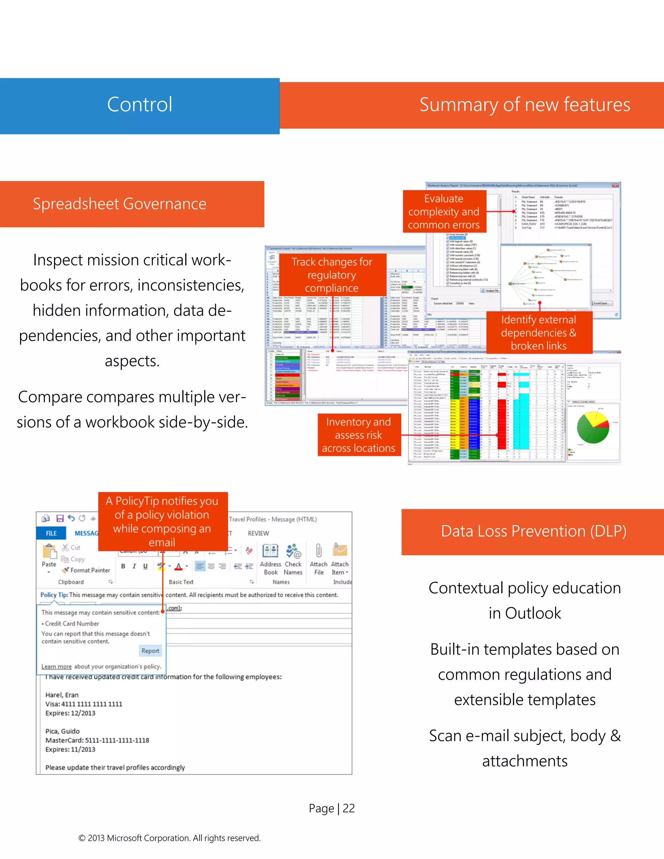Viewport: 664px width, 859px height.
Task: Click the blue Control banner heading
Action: [x=140, y=105]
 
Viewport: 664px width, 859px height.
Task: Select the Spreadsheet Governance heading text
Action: [x=120, y=204]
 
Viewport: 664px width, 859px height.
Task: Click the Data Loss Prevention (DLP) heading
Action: [x=533, y=531]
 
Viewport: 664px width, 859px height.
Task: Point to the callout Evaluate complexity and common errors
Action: [x=444, y=212]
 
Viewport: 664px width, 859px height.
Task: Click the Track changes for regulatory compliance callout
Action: [x=332, y=275]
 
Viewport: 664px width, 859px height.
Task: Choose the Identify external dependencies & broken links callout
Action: [x=539, y=333]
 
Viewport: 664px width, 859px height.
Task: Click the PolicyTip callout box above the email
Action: [x=162, y=521]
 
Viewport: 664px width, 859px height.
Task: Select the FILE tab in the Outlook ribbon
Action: [x=51, y=533]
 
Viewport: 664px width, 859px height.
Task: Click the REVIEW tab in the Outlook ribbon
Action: [x=258, y=533]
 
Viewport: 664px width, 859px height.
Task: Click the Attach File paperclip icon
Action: [x=319, y=551]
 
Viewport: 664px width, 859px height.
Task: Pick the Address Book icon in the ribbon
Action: [x=270, y=551]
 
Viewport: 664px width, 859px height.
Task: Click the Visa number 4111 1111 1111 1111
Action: [x=92, y=704]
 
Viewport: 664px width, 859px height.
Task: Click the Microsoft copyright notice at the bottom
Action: [x=170, y=838]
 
